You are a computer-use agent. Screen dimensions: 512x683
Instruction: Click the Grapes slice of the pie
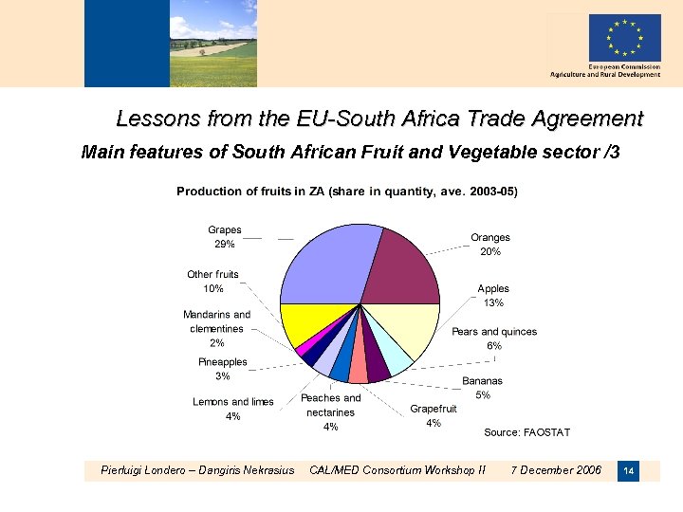[318, 261]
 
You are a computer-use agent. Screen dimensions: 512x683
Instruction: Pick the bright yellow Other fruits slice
[308, 322]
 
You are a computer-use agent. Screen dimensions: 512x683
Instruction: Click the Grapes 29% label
[225, 237]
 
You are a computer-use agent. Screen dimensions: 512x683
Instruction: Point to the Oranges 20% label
[490, 245]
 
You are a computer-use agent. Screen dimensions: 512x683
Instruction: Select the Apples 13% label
[493, 296]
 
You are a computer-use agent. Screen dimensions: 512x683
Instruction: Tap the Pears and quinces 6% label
[494, 338]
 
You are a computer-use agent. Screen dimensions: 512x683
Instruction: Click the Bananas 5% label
[483, 388]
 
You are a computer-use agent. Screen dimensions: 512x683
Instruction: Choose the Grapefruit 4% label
[434, 416]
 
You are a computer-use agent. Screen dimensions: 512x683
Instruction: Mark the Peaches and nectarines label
[331, 412]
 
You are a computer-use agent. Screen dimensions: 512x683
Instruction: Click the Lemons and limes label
[233, 409]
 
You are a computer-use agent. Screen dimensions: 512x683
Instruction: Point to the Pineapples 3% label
[223, 369]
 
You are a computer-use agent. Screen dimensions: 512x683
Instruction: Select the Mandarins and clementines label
[217, 328]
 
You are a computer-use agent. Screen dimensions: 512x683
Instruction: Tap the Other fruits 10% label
[213, 282]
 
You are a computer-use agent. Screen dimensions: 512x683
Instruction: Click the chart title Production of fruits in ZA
[347, 192]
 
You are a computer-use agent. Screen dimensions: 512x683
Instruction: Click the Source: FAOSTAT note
[527, 432]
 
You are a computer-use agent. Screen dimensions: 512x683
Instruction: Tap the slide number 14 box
[628, 470]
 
